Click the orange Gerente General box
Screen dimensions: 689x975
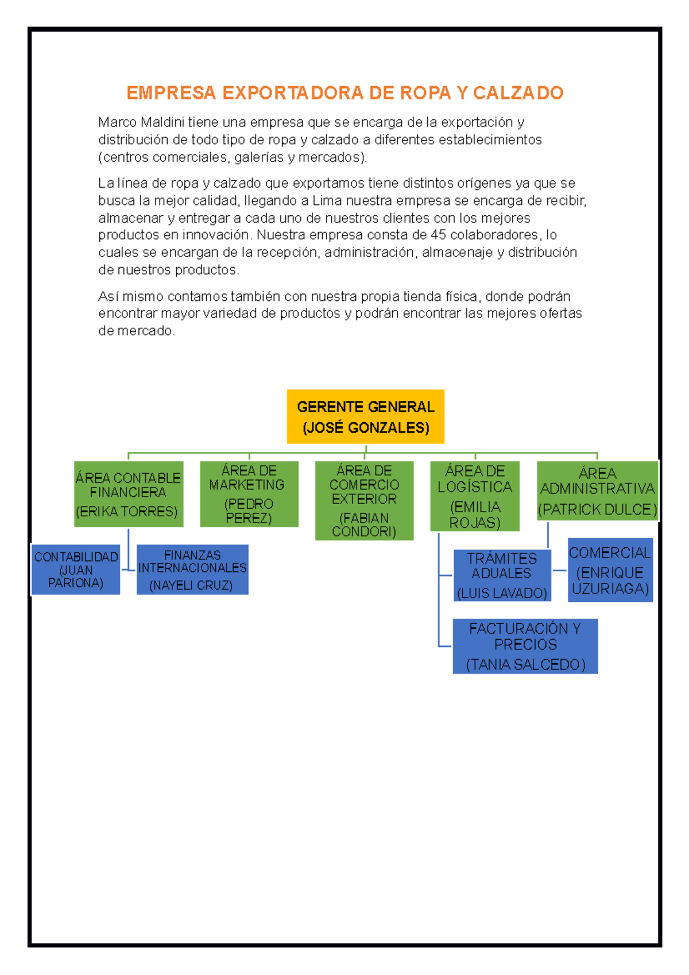[365, 416]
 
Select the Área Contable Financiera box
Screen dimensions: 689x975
[129, 494]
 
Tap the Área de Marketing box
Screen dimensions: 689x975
[249, 494]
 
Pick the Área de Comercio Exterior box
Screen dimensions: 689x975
[364, 501]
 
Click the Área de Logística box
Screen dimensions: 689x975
[475, 496]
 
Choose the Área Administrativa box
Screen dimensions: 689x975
[597, 491]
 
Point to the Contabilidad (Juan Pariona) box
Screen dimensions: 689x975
[76, 570]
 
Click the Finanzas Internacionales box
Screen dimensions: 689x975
[192, 570]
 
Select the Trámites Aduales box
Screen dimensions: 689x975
[502, 575]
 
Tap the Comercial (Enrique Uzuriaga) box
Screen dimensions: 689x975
[610, 570]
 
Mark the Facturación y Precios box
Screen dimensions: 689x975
[525, 646]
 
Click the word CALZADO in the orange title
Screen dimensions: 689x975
[518, 93]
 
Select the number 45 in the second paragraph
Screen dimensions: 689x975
[438, 235]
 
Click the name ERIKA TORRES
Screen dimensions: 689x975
[127, 512]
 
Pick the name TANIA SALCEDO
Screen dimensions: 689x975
[525, 664]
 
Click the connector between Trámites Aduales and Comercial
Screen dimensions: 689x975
[559, 570]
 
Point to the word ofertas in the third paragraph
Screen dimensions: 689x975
[560, 314]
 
